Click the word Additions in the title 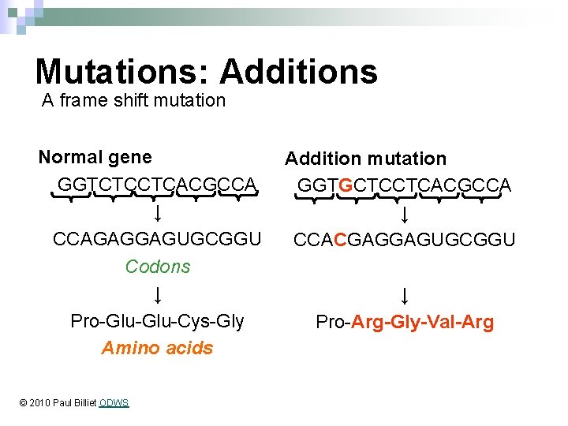[299, 71]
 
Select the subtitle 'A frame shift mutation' [133, 100]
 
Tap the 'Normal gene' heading [95, 157]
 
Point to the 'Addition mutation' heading [365, 159]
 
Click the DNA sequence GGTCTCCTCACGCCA [157, 184]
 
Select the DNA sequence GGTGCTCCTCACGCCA [404, 185]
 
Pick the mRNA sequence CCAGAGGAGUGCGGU [157, 238]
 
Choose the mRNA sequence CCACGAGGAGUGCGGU [404, 239]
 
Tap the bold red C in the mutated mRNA [340, 239]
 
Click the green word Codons [158, 267]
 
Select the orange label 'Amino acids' [157, 348]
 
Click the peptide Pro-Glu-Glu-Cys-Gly [157, 321]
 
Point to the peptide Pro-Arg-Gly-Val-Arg [405, 322]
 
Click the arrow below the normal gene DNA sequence [158, 212]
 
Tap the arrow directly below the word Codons [158, 295]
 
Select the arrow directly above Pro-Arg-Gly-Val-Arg [404, 296]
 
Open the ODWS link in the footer [114, 403]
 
